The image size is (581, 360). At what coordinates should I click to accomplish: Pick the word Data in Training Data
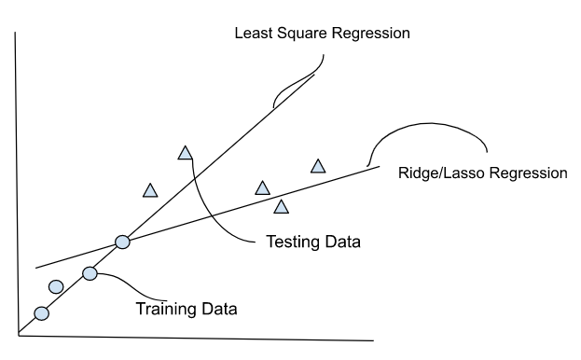coord(217,308)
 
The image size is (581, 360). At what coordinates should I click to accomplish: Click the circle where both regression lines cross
coord(122,242)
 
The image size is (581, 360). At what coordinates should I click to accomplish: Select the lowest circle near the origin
coord(41,313)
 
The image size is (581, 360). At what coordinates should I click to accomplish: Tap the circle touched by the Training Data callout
coord(90,273)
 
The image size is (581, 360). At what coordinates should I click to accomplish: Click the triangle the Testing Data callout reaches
coord(185,152)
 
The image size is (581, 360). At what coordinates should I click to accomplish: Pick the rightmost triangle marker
coord(318,166)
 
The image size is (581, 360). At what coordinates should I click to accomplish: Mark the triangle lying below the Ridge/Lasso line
coord(281,205)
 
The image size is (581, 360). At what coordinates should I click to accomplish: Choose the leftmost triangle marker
coord(150,190)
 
